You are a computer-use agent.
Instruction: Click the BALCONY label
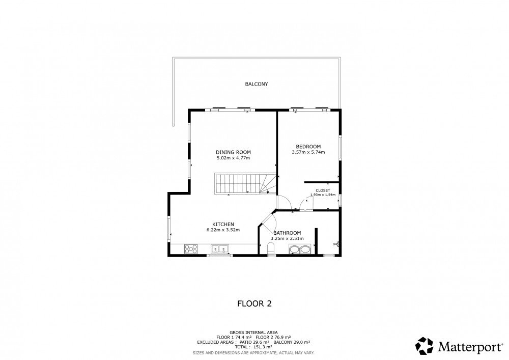pyautogui.click(x=257, y=84)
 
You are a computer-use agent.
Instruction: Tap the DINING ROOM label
pyautogui.click(x=233, y=152)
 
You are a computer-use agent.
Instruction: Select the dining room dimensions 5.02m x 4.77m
pyautogui.click(x=233, y=158)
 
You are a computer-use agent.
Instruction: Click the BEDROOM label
pyautogui.click(x=308, y=147)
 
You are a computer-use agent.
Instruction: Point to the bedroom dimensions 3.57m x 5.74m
pyautogui.click(x=308, y=152)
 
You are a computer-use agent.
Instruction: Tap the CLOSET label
pyautogui.click(x=323, y=190)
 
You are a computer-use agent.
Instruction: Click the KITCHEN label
pyautogui.click(x=223, y=225)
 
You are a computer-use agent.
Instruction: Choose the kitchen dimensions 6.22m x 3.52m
pyautogui.click(x=223, y=230)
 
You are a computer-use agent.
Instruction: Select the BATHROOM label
pyautogui.click(x=287, y=233)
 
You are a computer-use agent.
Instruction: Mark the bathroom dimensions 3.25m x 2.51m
pyautogui.click(x=287, y=239)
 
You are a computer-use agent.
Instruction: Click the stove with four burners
pyautogui.click(x=191, y=249)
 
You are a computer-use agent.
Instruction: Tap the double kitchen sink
pyautogui.click(x=220, y=249)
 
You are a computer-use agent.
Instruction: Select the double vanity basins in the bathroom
pyautogui.click(x=300, y=250)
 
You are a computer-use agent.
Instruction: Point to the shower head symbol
pyautogui.click(x=336, y=244)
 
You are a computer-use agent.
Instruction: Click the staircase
pyautogui.click(x=245, y=184)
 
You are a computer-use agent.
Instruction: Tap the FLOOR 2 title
pyautogui.click(x=254, y=304)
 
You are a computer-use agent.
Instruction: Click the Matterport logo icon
pyautogui.click(x=425, y=346)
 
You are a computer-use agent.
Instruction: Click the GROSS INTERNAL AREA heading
pyautogui.click(x=253, y=333)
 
